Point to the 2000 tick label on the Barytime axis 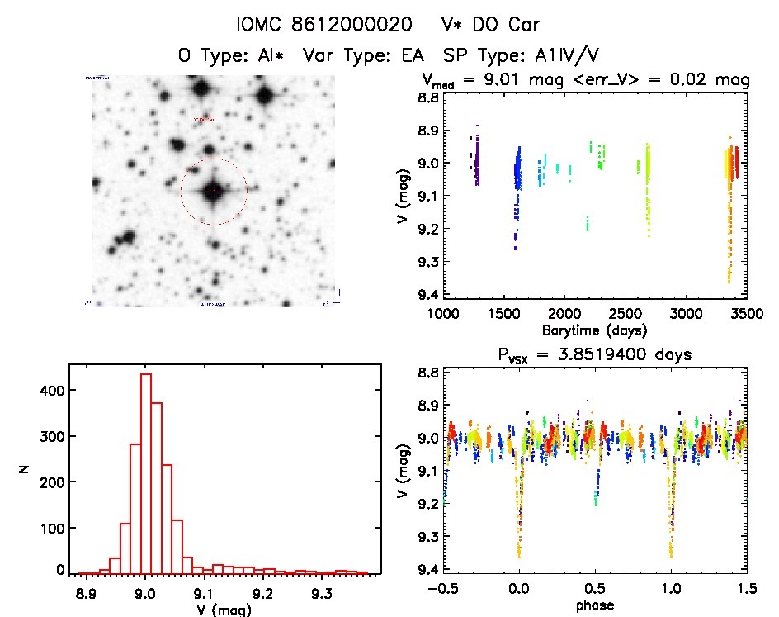[x=564, y=315]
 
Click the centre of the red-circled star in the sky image [x=214, y=192]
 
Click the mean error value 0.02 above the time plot [x=684, y=80]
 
